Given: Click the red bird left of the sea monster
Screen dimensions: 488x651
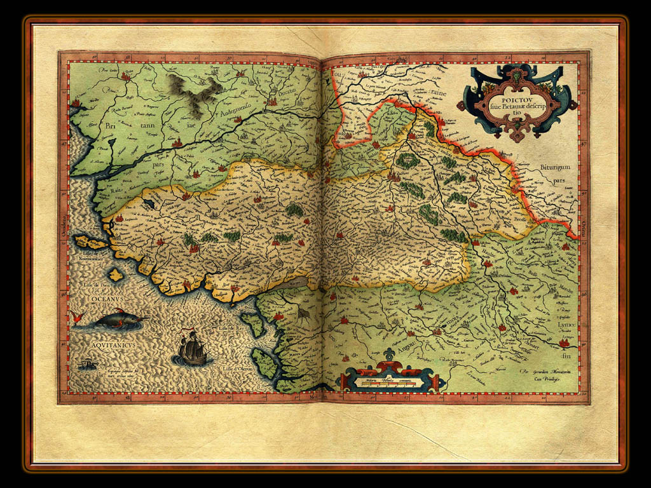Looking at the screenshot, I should (x=78, y=317).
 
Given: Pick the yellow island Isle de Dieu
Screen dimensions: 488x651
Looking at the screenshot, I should (x=115, y=274).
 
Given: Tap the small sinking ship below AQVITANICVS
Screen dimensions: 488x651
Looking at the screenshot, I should (x=86, y=363).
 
